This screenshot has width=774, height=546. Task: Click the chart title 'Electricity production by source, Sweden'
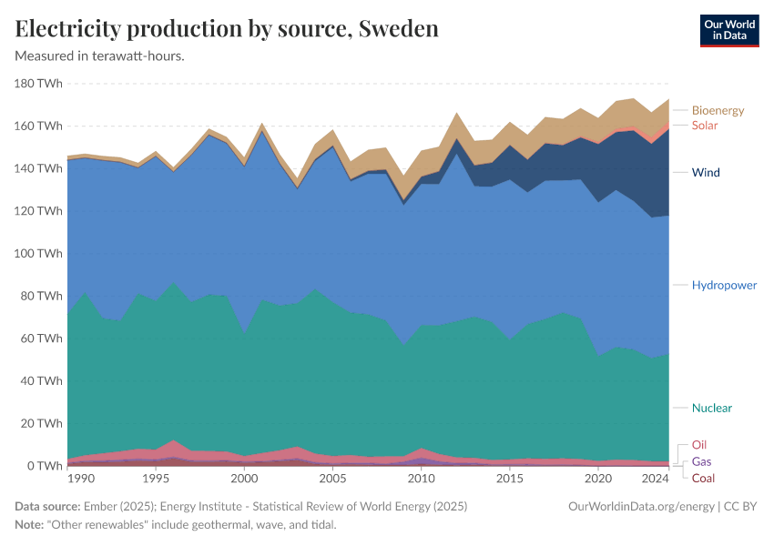click(227, 29)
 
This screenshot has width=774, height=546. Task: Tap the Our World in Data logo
click(728, 30)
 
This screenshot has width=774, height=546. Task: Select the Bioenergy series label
click(718, 110)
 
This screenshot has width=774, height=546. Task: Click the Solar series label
click(705, 125)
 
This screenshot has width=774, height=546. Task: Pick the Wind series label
click(706, 172)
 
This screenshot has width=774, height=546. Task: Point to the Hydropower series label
click(724, 285)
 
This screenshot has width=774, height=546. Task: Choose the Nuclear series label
click(712, 408)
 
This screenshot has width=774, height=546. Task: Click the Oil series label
click(699, 445)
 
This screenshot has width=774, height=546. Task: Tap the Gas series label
click(702, 461)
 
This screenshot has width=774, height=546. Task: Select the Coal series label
click(703, 478)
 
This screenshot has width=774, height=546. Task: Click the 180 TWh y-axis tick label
click(39, 84)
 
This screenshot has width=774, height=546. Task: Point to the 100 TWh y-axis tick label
click(39, 253)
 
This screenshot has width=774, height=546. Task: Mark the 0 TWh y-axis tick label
click(45, 466)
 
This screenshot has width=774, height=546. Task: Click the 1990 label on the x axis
click(81, 479)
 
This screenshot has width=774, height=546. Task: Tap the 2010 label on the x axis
click(421, 479)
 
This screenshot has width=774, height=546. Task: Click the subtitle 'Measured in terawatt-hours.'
click(100, 56)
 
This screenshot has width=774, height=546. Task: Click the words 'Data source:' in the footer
click(46, 506)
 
